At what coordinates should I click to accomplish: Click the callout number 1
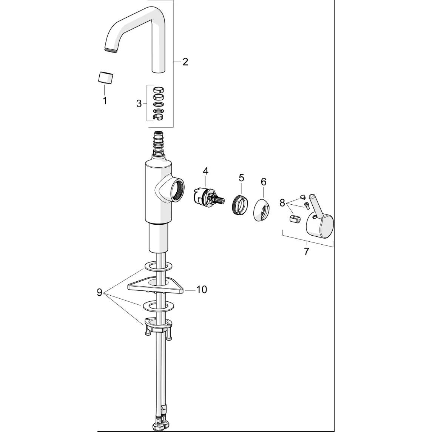point(105,100)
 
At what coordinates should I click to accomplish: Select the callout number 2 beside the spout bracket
point(185,62)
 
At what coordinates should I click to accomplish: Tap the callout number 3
point(139,104)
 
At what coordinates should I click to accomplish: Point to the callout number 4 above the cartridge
point(205,171)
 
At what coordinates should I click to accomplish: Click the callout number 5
point(241,178)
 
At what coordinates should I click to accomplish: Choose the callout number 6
point(264,182)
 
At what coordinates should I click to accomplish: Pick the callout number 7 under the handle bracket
point(306,251)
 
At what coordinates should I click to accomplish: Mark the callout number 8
point(282,203)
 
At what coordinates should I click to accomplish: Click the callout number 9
point(99,292)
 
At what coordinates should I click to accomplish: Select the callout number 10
point(201,290)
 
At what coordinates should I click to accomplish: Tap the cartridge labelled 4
point(208,197)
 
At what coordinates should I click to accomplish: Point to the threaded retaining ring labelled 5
point(238,204)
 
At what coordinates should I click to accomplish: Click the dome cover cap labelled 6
point(261,209)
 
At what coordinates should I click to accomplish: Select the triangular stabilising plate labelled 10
point(156,285)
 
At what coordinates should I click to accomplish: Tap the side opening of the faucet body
point(177,190)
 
